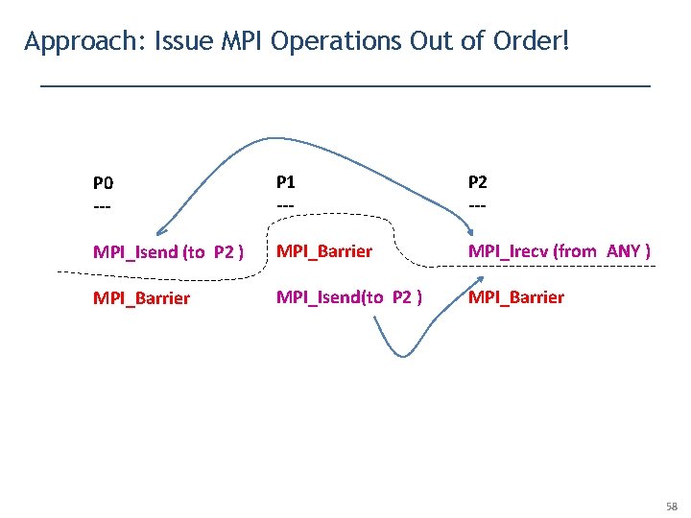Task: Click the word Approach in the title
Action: (x=70, y=42)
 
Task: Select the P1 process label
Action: (x=286, y=181)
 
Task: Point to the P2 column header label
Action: (x=477, y=181)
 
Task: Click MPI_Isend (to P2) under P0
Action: (x=167, y=252)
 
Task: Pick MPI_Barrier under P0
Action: (x=141, y=298)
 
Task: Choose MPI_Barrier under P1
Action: (x=324, y=251)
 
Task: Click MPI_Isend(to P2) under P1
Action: (x=349, y=297)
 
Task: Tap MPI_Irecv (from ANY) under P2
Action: (x=560, y=251)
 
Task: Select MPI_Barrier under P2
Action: (x=516, y=297)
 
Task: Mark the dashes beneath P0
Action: (x=102, y=206)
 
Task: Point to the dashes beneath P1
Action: (x=285, y=205)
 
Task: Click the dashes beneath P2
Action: (x=476, y=205)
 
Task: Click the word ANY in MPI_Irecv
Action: (x=626, y=251)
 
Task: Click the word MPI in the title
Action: (x=246, y=42)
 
